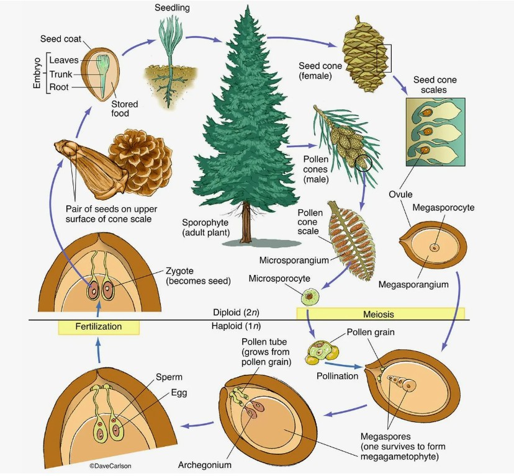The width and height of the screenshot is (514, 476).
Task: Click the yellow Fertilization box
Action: tap(99, 326)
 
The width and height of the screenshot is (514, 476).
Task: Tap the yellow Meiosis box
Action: tap(380, 314)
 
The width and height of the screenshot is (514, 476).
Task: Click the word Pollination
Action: tap(338, 376)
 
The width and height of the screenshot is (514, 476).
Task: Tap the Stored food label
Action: tap(125, 109)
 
